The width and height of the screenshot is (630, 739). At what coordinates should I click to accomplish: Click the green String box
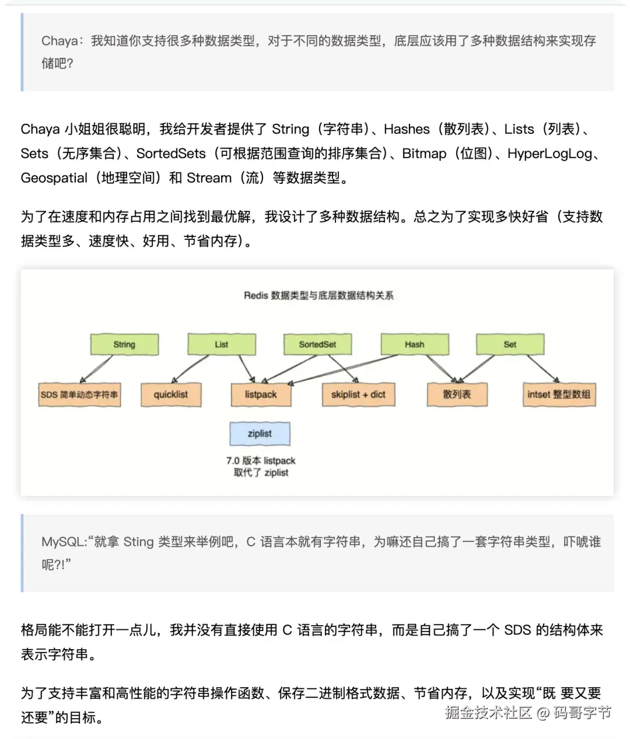(x=124, y=344)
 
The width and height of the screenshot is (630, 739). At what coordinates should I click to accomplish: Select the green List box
(x=222, y=344)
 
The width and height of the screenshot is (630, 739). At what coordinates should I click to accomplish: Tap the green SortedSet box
(x=317, y=344)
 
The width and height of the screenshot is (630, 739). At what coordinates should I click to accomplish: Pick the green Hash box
(x=415, y=344)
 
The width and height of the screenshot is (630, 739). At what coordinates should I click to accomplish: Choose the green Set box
(x=510, y=344)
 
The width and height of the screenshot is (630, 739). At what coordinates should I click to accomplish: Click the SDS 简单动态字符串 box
(x=79, y=395)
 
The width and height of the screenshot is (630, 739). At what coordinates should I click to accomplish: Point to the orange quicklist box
(x=171, y=395)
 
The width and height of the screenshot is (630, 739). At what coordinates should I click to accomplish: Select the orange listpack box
(x=261, y=395)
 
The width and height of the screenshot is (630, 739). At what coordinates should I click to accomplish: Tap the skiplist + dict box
(x=358, y=395)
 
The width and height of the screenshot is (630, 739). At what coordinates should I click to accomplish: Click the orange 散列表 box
(x=457, y=395)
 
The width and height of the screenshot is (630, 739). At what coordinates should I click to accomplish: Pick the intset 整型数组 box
(x=559, y=395)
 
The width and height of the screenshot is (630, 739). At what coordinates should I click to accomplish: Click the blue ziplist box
(x=260, y=434)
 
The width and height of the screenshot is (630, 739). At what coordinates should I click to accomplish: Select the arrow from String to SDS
(x=97, y=369)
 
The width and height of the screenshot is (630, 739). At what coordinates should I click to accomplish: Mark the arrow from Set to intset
(x=542, y=368)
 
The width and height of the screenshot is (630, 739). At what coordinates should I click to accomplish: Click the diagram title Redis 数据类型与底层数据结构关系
(x=318, y=295)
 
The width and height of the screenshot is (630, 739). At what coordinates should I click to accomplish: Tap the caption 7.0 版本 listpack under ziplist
(x=261, y=461)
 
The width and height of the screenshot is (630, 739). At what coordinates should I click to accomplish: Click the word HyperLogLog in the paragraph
(x=549, y=154)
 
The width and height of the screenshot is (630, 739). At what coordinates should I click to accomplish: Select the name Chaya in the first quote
(x=60, y=41)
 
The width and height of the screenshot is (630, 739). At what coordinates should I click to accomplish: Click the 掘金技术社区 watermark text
(x=488, y=713)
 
